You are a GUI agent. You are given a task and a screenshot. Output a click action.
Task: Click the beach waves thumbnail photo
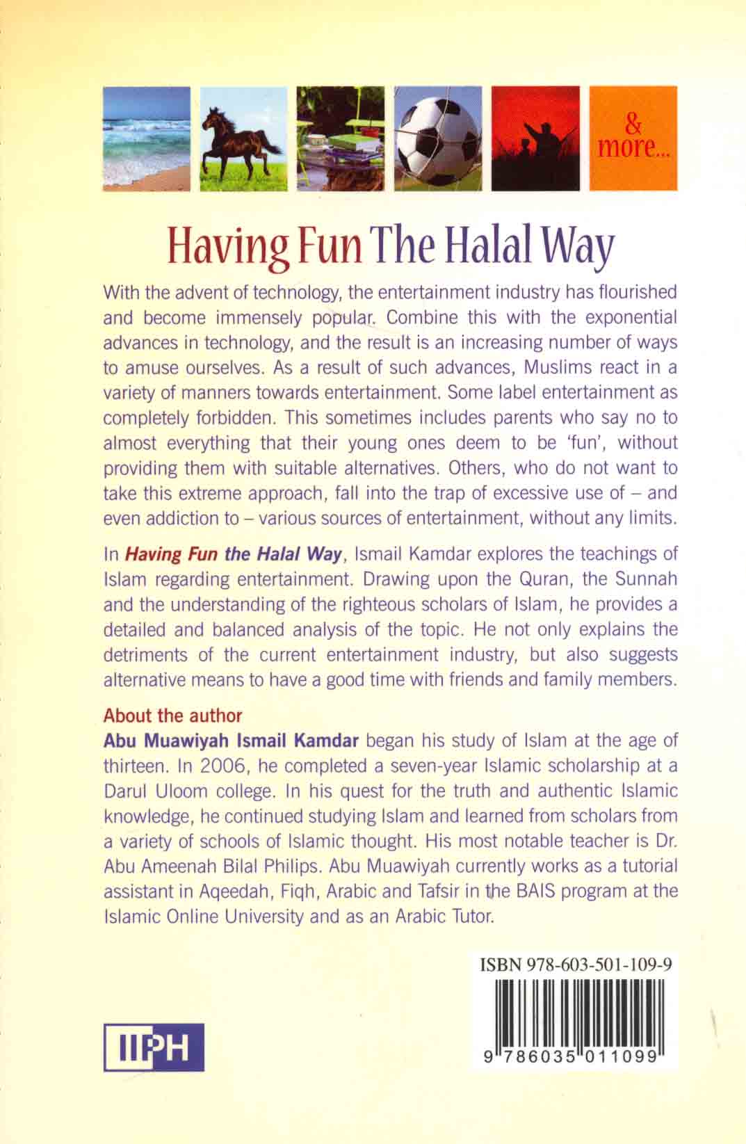pyautogui.click(x=146, y=138)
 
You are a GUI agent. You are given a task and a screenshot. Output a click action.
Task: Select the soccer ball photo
pyautogui.click(x=438, y=138)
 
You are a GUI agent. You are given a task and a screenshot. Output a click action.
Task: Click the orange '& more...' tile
pyautogui.click(x=633, y=138)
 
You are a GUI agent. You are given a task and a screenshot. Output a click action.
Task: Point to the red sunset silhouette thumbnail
pyautogui.click(x=535, y=138)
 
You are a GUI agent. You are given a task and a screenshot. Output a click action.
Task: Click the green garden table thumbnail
pyautogui.click(x=340, y=138)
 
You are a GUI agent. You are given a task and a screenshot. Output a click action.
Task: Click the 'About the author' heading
pyautogui.click(x=172, y=716)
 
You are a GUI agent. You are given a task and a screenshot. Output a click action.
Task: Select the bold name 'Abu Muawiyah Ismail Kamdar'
pyautogui.click(x=231, y=741)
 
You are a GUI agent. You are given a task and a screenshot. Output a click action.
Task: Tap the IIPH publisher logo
pyautogui.click(x=154, y=1047)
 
